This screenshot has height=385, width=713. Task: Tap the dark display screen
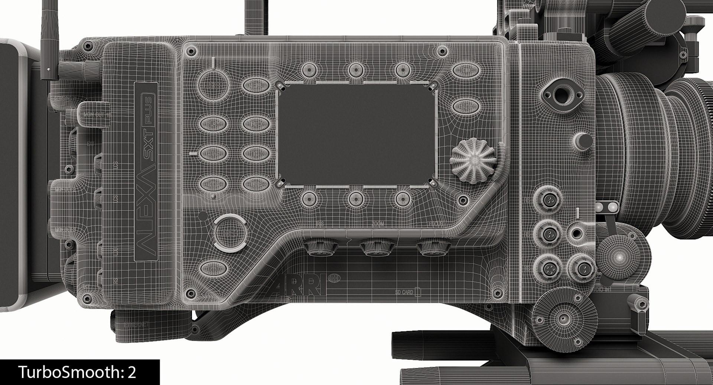click(x=356, y=134)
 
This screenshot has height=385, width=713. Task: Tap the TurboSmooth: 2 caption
click(x=78, y=372)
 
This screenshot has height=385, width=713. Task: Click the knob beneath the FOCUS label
click(x=432, y=248)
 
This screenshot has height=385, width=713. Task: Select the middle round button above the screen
click(x=356, y=69)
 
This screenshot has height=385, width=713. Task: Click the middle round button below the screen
click(x=356, y=199)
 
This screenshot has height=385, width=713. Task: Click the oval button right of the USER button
click(x=256, y=85)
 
